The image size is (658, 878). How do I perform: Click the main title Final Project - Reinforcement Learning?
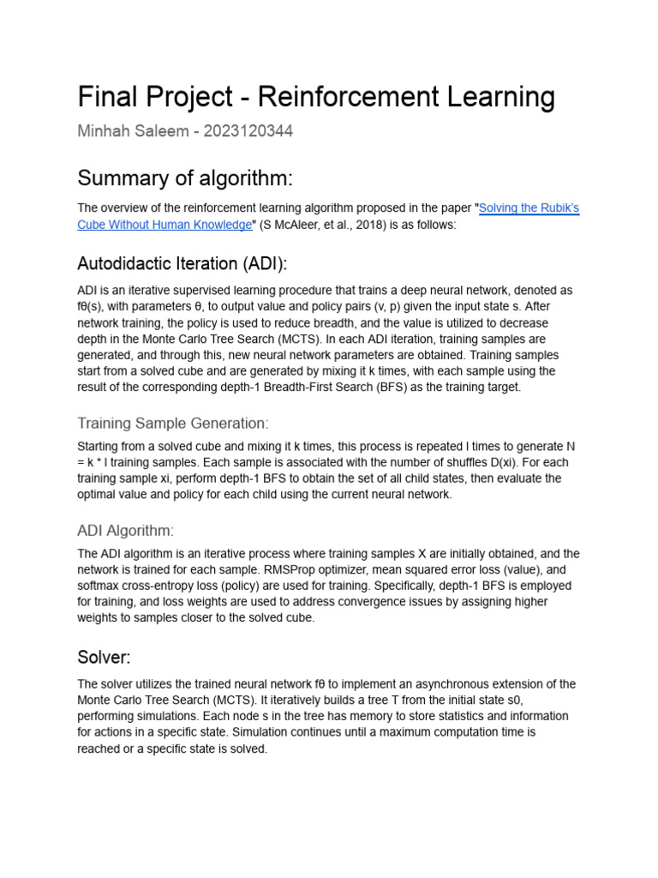tap(316, 97)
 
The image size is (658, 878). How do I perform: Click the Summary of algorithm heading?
tap(185, 177)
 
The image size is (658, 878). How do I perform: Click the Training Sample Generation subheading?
tap(173, 423)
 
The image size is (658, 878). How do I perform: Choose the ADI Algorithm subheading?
tap(126, 531)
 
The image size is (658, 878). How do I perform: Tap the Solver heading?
tap(104, 657)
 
